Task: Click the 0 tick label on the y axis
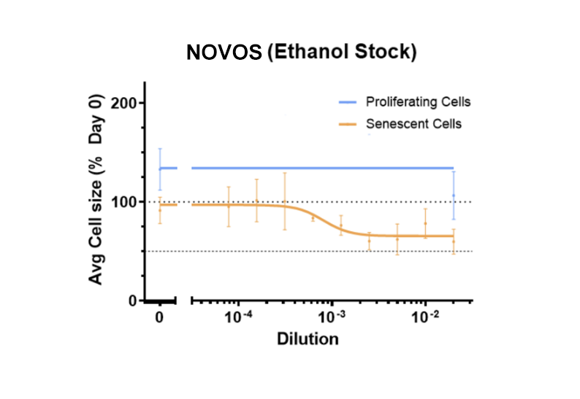click(x=131, y=301)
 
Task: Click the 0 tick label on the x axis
click(x=159, y=318)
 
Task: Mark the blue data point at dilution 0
click(x=160, y=168)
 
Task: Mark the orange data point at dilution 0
click(x=160, y=210)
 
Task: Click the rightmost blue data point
click(x=454, y=195)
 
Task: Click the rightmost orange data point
click(x=454, y=241)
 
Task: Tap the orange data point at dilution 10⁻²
click(x=425, y=224)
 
